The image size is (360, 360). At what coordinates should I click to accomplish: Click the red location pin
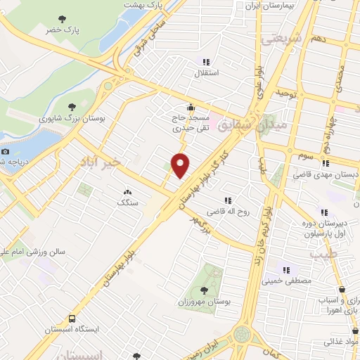click(x=181, y=165)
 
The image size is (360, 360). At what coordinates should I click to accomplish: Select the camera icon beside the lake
click(x=6, y=151)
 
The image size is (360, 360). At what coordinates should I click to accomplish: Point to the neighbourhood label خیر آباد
click(x=101, y=162)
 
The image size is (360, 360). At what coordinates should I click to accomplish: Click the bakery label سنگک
click(x=127, y=202)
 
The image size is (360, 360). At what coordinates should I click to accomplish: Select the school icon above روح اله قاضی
click(x=226, y=200)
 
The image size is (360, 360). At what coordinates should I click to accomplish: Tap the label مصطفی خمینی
click(x=286, y=281)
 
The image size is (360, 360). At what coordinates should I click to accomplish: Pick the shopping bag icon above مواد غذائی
click(x=342, y=329)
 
